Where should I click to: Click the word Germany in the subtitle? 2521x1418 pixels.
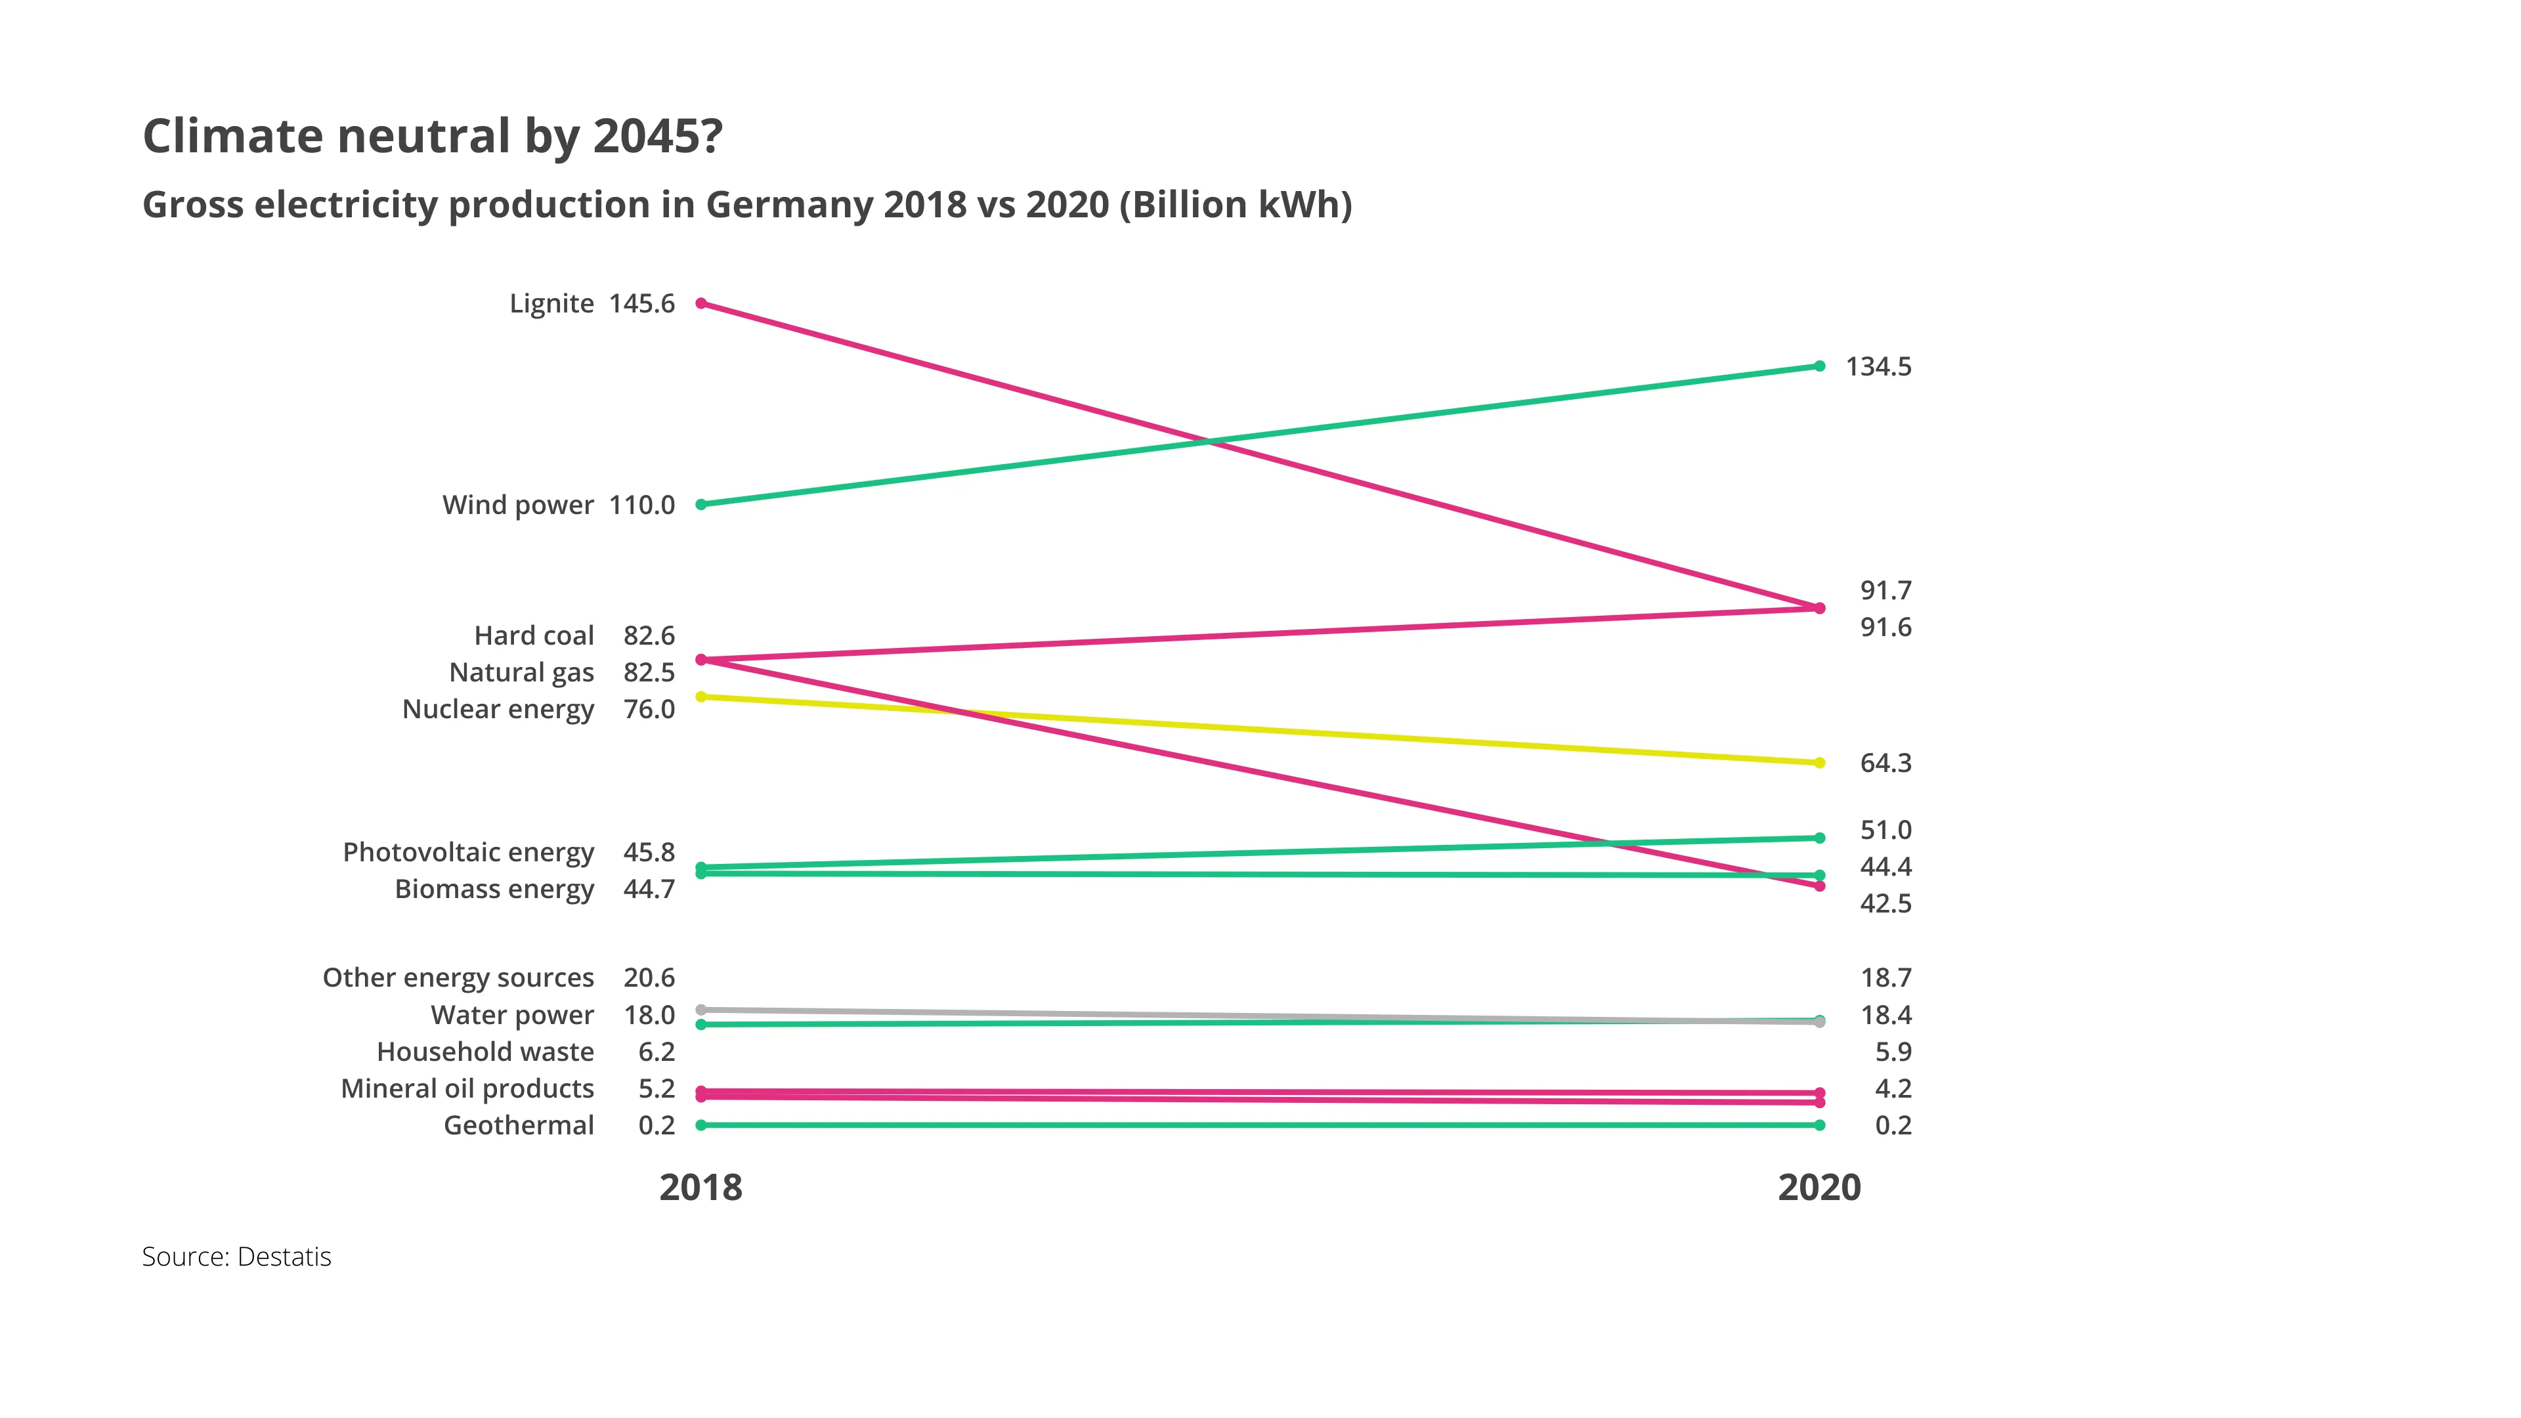click(788, 205)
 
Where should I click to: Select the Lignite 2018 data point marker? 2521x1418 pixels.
click(700, 303)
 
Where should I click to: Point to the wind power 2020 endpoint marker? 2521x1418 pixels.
click(1819, 366)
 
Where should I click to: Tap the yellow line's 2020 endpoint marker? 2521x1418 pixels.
click(1819, 762)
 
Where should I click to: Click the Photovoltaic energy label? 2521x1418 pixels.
click(468, 852)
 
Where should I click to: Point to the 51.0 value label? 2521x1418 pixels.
click(1885, 830)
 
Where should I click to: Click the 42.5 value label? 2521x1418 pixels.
click(1885, 903)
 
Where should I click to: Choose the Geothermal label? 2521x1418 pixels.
click(519, 1125)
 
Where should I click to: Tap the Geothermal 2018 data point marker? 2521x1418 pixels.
click(700, 1125)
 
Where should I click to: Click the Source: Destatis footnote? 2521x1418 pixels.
click(237, 1257)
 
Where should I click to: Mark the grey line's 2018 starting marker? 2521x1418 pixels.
click(700, 1010)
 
